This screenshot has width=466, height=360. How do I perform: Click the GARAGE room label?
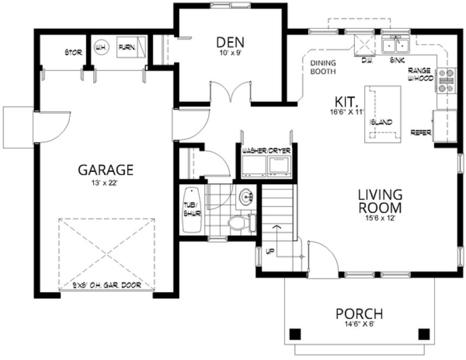pyautogui.click(x=106, y=170)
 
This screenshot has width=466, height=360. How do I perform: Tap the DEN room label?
pyautogui.click(x=230, y=42)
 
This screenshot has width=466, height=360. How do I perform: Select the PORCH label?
pyautogui.click(x=359, y=313)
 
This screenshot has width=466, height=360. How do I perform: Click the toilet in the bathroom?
pyautogui.click(x=239, y=223)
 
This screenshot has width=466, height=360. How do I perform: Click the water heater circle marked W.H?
pyautogui.click(x=101, y=48)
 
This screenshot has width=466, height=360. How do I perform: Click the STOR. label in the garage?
pyautogui.click(x=73, y=53)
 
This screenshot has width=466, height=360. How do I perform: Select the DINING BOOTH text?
pyautogui.click(x=323, y=67)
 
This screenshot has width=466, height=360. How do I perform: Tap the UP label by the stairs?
pyautogui.click(x=269, y=250)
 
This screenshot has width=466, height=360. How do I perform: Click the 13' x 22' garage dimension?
pyautogui.click(x=106, y=183)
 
